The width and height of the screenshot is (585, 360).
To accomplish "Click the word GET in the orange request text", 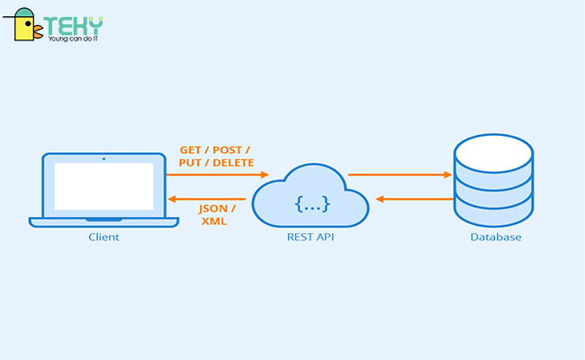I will (x=192, y=149).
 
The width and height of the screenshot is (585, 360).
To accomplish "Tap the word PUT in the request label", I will (x=193, y=164).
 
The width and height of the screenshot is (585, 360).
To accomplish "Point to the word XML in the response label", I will (x=213, y=221).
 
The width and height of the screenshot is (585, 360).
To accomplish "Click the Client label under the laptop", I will (x=103, y=238).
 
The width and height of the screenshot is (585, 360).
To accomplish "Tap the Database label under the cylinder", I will (x=495, y=238).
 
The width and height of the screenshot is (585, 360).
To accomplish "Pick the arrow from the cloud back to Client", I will (x=207, y=198).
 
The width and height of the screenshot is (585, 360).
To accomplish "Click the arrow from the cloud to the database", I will (x=400, y=175).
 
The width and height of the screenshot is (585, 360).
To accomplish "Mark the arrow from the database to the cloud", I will (x=414, y=198).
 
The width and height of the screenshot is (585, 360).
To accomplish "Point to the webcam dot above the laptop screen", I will (x=103, y=158).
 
